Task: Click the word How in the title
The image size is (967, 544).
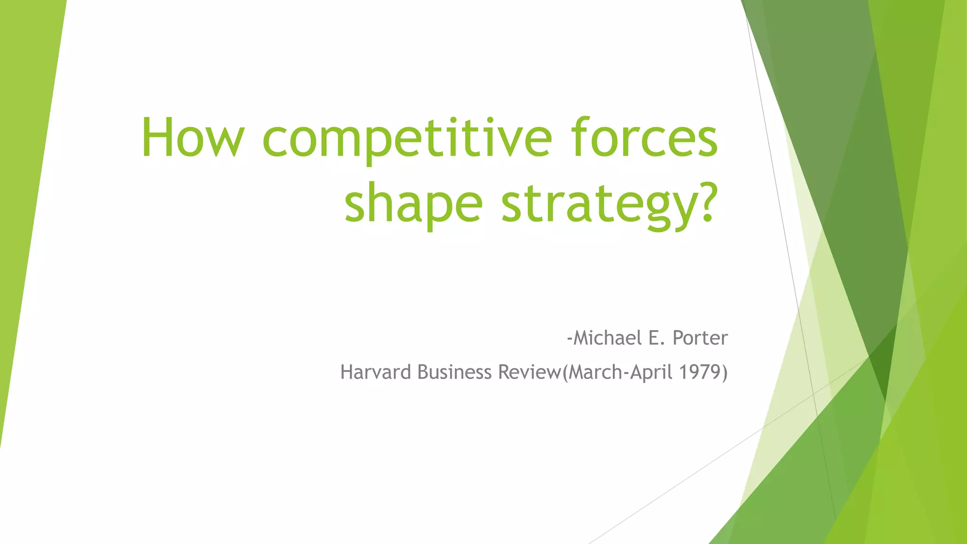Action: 193,138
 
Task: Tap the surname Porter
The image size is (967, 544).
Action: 700,338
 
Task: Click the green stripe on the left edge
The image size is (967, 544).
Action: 24,189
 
